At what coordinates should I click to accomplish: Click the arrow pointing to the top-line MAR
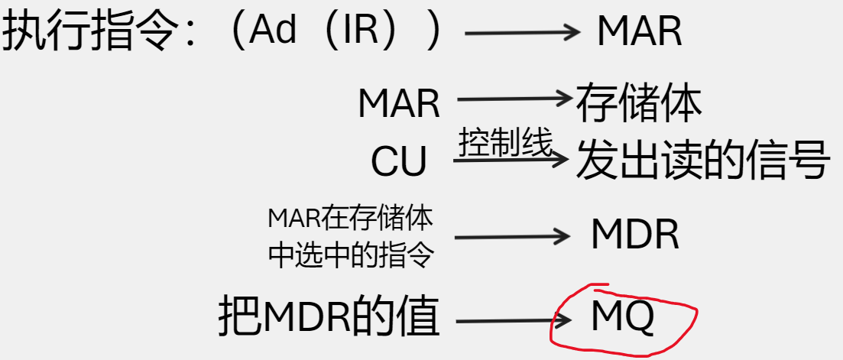524,32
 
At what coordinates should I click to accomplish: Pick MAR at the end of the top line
639,32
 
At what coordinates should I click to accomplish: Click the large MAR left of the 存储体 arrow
399,103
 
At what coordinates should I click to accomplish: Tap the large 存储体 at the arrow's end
638,103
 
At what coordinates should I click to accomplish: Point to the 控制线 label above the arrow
505,142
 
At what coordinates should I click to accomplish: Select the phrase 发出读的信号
702,159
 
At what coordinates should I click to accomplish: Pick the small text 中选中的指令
350,255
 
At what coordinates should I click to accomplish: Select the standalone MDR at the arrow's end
634,235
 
